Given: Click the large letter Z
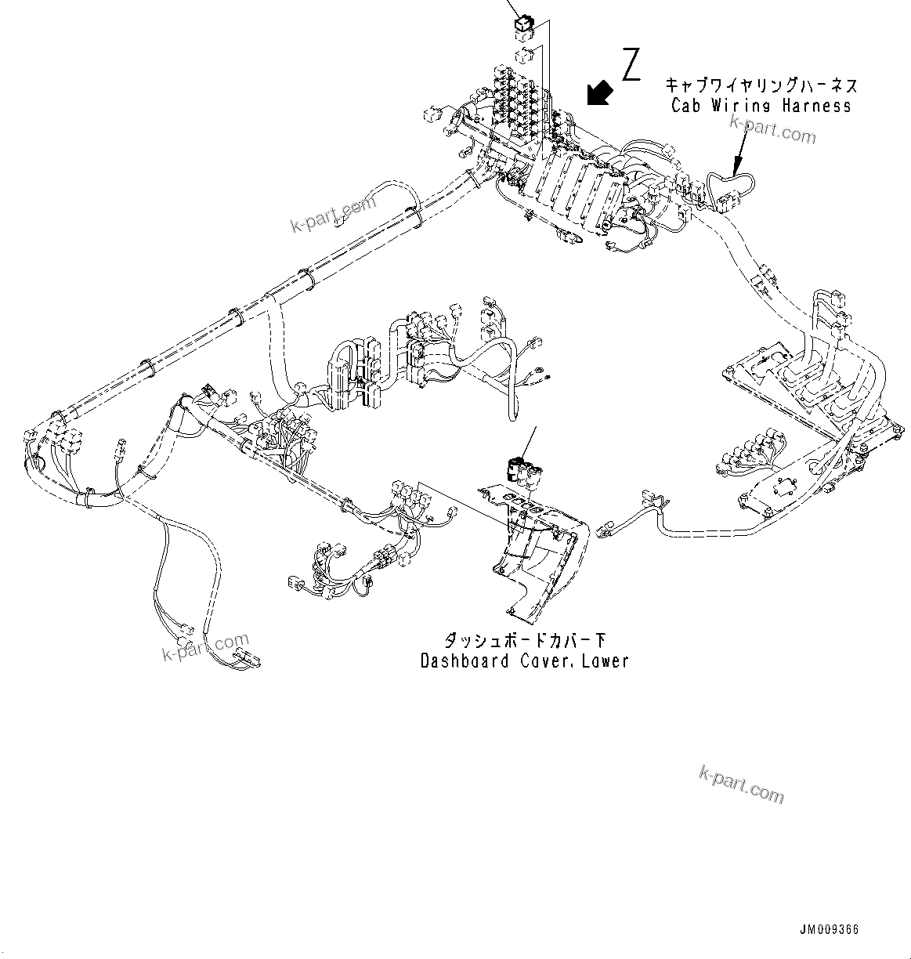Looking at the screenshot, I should [x=631, y=64].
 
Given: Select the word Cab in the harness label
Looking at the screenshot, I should [x=686, y=106].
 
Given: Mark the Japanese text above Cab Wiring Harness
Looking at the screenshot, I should [x=761, y=85].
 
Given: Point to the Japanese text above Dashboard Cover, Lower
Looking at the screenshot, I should [x=525, y=640].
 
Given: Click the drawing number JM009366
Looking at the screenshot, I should [x=829, y=929].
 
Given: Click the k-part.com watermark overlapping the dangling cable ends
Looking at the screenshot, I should [x=205, y=647].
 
